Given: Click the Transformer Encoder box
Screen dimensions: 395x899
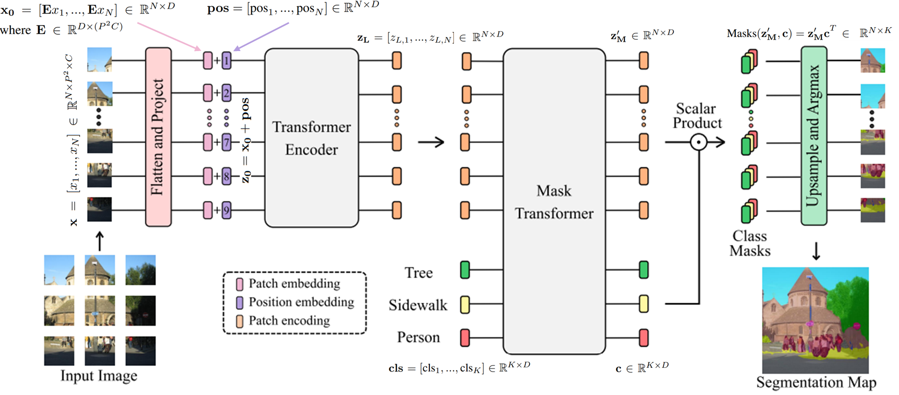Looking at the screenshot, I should pos(312,138).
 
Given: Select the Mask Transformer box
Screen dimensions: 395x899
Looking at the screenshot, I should pos(554,202).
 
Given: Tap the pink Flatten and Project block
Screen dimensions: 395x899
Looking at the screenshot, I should pos(158,137).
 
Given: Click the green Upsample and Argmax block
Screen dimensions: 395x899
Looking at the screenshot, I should pos(814,136).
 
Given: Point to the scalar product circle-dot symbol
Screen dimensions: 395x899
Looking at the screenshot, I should pos(698,142).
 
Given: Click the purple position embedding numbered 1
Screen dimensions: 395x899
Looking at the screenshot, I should pos(227,61).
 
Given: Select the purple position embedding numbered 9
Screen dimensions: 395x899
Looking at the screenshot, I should pos(227,211).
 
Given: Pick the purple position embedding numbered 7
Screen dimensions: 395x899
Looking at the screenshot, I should pos(227,142).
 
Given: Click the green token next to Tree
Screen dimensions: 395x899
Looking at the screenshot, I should pos(465,270).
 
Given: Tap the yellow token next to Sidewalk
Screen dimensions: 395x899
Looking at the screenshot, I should pos(465,304).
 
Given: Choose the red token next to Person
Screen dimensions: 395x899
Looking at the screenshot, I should pos(465,338).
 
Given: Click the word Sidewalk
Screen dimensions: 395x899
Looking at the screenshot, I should pos(418,305).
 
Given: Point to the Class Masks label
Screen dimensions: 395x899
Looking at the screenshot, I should pos(749,243).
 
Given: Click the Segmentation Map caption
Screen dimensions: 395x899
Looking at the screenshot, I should pos(816,382).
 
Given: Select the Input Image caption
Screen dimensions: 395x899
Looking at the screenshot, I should pos(99,376).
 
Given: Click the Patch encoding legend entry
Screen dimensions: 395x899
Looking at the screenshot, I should pos(289,321).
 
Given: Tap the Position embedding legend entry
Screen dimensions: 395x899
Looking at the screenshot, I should pos(301,302).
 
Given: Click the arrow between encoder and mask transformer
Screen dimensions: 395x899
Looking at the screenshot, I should pos(431,142).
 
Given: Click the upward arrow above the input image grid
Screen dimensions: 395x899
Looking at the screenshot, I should pos(100,241).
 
